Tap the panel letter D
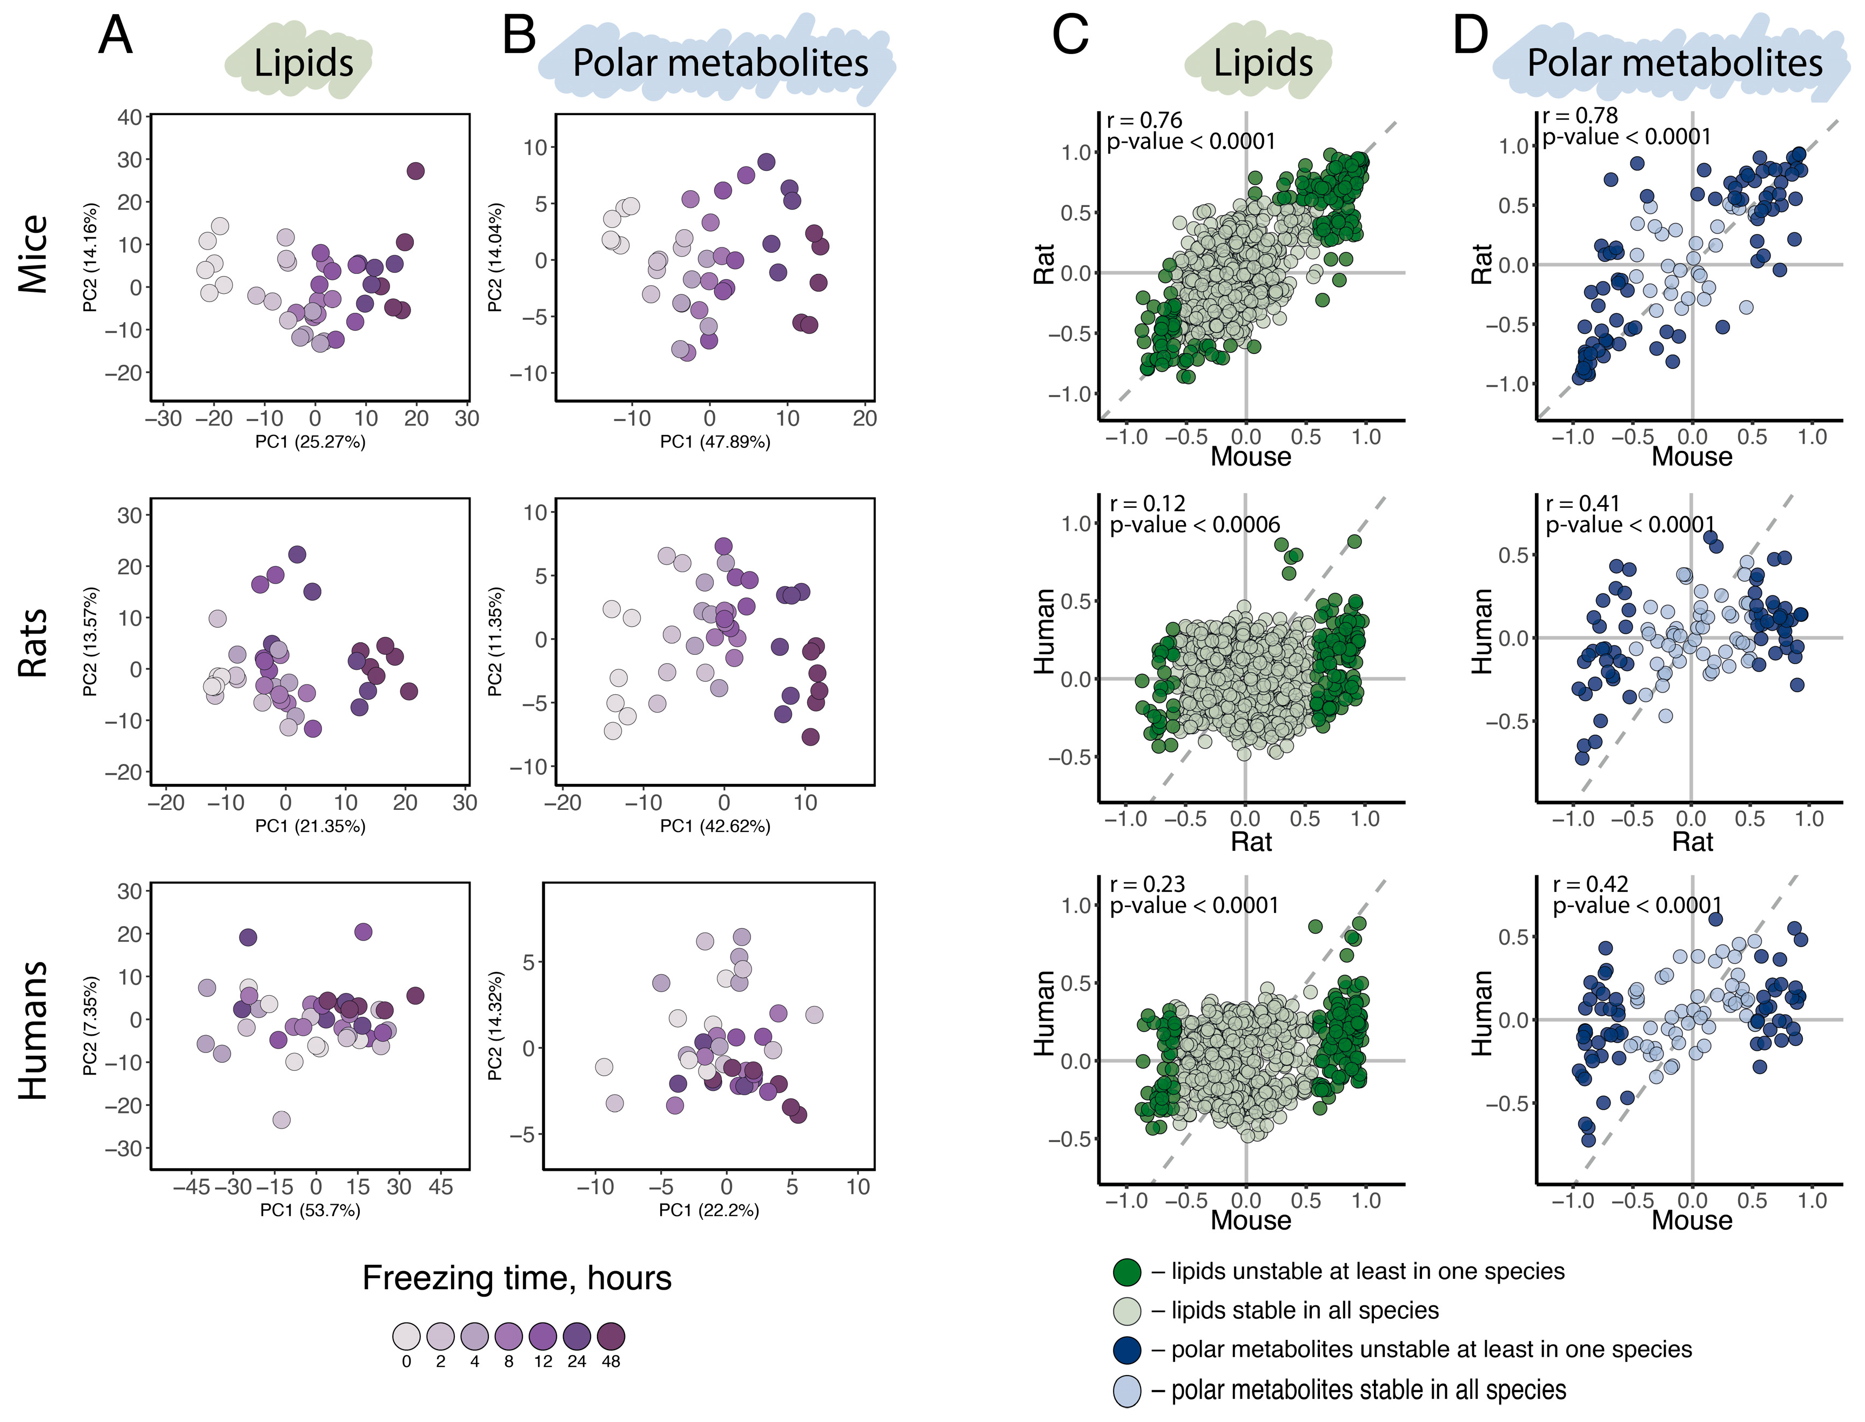[x=1471, y=36]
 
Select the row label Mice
[x=34, y=254]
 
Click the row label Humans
[x=34, y=1030]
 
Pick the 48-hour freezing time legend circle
[x=611, y=1337]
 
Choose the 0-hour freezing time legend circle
[x=406, y=1337]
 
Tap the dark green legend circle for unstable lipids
[x=1127, y=1271]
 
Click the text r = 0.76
[x=1144, y=120]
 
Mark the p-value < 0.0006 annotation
[x=1195, y=525]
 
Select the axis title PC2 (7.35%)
[x=91, y=1026]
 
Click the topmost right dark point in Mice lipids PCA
[x=414, y=171]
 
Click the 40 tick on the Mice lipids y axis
[x=130, y=117]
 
